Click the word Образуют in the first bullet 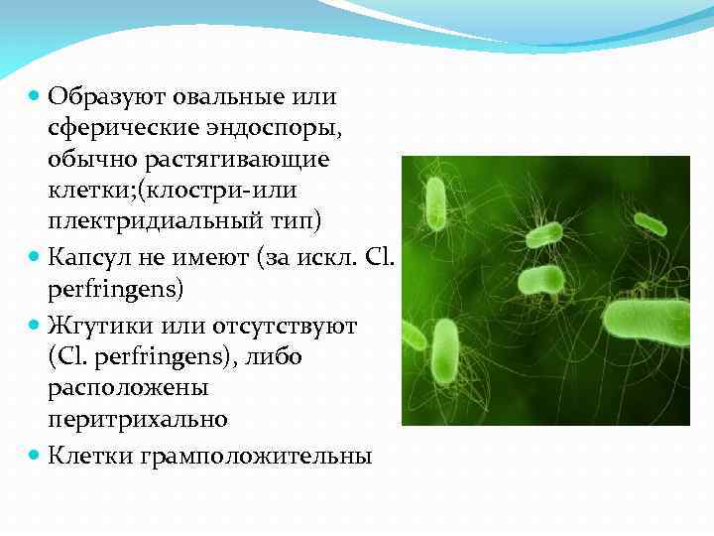[x=108, y=97]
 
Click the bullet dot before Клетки [x=35, y=456]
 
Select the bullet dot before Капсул [x=35, y=260]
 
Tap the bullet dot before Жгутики [x=35, y=326]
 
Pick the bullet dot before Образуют [x=35, y=97]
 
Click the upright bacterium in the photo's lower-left [x=446, y=353]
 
